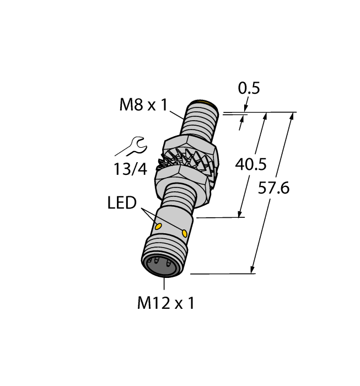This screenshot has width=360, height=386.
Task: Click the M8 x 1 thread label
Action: pos(143,105)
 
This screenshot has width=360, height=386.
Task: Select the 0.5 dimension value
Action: pos(248,88)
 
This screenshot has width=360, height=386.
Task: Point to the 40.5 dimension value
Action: pos(251,164)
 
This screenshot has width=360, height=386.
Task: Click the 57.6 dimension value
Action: pos(274,188)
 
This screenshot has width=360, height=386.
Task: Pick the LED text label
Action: pos(121,203)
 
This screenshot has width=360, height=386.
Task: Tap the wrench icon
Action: pos(131,147)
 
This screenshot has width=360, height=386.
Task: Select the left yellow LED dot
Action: pos(159,226)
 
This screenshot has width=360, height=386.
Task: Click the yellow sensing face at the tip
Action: pos(208,103)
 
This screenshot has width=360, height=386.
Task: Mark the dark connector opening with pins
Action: pos(160,266)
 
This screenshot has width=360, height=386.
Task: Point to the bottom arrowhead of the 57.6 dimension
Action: pos(253,270)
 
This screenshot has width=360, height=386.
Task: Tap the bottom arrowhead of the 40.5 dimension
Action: pos(240,214)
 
